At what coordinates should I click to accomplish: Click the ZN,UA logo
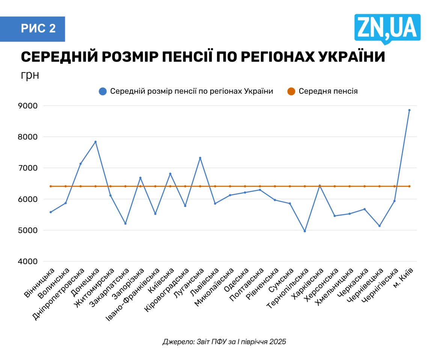[x=387, y=28]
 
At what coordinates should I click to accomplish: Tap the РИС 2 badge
[x=38, y=29]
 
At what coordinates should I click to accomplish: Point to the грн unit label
[x=30, y=75]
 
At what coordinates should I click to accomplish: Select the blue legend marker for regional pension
[x=103, y=91]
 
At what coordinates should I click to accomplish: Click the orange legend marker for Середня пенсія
[x=292, y=91]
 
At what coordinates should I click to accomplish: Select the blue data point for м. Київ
[x=409, y=110]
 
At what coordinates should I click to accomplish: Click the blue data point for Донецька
[x=95, y=142]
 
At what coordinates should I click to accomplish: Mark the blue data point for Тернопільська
[x=305, y=231]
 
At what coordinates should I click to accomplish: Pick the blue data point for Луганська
[x=200, y=158]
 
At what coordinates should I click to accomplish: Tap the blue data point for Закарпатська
[x=125, y=223]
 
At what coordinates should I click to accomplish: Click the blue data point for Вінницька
[x=51, y=212]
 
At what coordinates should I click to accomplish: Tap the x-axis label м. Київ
[x=403, y=277]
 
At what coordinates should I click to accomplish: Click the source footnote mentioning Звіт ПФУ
[x=224, y=342]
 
